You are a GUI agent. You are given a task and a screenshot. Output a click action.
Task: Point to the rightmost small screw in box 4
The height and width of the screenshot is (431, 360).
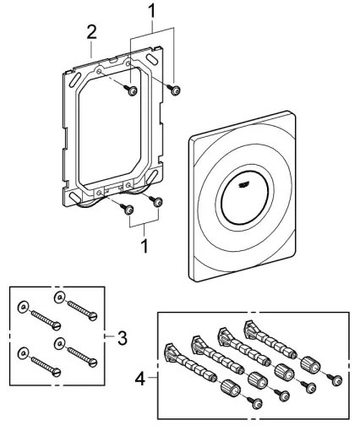coord(336,379)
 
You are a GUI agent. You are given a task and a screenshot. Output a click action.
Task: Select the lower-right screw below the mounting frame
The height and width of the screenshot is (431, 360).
coord(156,200)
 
